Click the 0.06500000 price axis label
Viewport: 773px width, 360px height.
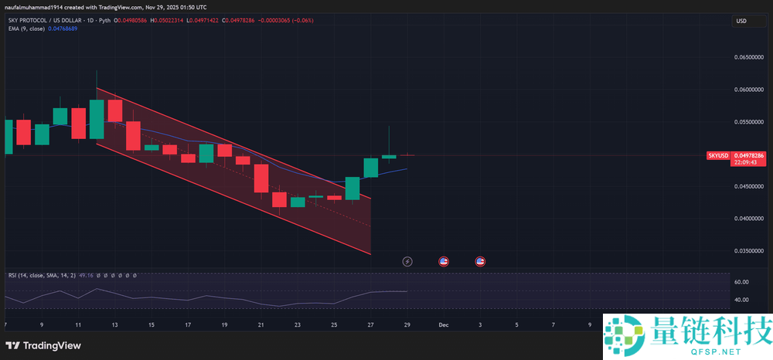click(747, 58)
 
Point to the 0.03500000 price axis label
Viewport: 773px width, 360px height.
click(747, 251)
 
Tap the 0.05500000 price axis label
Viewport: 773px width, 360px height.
click(747, 122)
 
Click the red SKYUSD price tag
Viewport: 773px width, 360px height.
click(718, 155)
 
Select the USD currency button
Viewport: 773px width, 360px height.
click(741, 21)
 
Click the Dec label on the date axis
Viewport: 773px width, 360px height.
click(444, 325)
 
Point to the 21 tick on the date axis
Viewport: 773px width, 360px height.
click(261, 325)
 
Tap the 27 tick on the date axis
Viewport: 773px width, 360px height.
click(371, 325)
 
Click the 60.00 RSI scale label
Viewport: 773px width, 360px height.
click(741, 282)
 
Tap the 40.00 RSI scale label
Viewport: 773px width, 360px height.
click(741, 301)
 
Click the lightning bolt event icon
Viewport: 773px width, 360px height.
click(407, 261)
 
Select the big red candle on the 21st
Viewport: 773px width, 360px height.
click(261, 178)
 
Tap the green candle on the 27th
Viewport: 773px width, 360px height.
click(371, 168)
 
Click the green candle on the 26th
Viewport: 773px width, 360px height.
click(352, 188)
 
